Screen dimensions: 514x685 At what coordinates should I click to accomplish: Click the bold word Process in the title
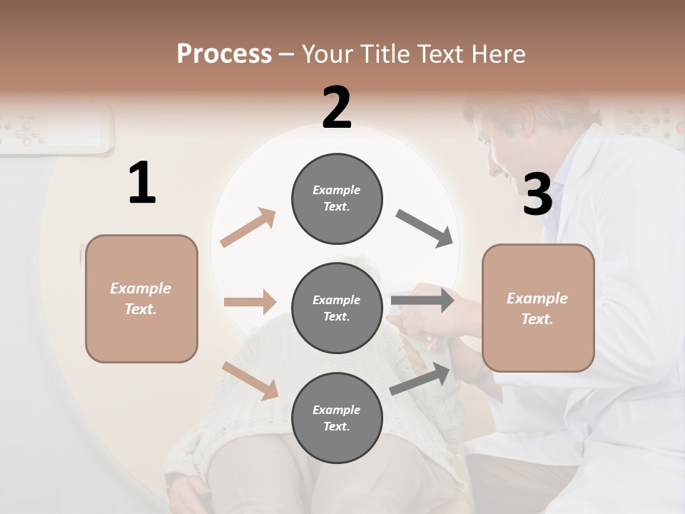coord(224,54)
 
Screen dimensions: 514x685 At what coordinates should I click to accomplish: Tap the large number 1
coord(142,183)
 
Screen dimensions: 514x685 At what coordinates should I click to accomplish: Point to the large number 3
coord(537,194)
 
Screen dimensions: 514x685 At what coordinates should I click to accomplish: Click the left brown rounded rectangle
coord(141,298)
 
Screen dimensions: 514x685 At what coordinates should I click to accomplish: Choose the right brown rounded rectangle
coord(538,308)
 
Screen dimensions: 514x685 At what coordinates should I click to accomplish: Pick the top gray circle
coord(337,198)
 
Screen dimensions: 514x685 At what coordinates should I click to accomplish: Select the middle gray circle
coord(337,308)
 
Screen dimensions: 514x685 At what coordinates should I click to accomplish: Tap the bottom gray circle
coord(337,418)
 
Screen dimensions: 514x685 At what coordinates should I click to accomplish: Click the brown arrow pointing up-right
coord(248,228)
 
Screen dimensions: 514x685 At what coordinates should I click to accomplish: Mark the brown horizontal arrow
coord(250,302)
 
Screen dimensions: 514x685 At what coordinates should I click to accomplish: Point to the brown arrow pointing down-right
coord(250,381)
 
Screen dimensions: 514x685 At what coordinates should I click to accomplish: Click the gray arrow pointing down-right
coord(424,228)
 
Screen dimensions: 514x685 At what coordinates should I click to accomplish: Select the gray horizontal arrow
coord(422,300)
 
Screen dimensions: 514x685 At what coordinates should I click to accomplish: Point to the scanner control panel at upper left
coord(57,128)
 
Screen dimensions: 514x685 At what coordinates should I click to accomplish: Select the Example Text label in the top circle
coord(337,198)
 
